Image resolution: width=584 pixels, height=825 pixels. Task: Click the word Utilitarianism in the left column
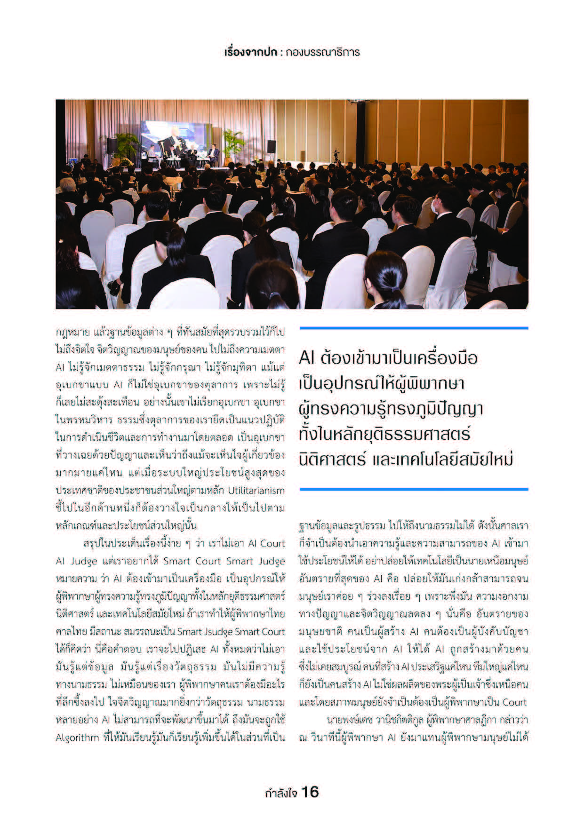click(256, 491)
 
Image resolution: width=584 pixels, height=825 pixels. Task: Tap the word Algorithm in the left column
click(77, 738)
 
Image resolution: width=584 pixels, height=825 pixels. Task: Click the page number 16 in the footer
click(310, 792)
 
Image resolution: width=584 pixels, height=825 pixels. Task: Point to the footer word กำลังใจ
click(281, 793)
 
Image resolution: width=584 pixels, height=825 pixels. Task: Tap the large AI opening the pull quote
click(306, 358)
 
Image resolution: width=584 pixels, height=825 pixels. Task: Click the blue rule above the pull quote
click(414, 328)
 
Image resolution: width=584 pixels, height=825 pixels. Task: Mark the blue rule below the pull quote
click(414, 489)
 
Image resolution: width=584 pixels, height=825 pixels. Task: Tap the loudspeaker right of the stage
click(272, 146)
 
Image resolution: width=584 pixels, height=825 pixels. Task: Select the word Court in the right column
click(515, 702)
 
